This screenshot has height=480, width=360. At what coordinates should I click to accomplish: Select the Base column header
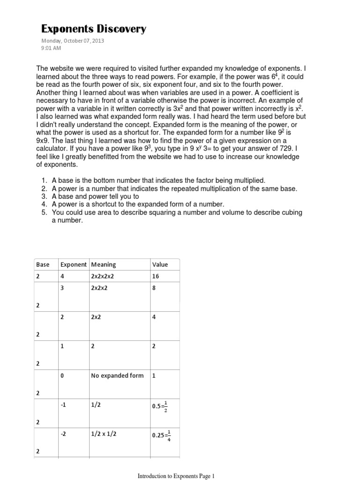tap(43, 264)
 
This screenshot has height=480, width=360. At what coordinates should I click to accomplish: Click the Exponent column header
tap(74, 264)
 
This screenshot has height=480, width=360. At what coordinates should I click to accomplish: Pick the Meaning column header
tap(104, 264)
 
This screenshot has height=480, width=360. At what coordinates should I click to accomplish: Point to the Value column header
tap(160, 264)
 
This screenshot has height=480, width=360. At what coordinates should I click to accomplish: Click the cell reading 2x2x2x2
tap(102, 277)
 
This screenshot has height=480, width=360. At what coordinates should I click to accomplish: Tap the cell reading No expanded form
tap(117, 376)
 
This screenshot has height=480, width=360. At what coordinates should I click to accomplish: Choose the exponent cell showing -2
tap(64, 434)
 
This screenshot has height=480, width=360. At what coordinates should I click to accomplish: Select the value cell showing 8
tap(154, 288)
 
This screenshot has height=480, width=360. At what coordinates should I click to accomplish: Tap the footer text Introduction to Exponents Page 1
tap(176, 476)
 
